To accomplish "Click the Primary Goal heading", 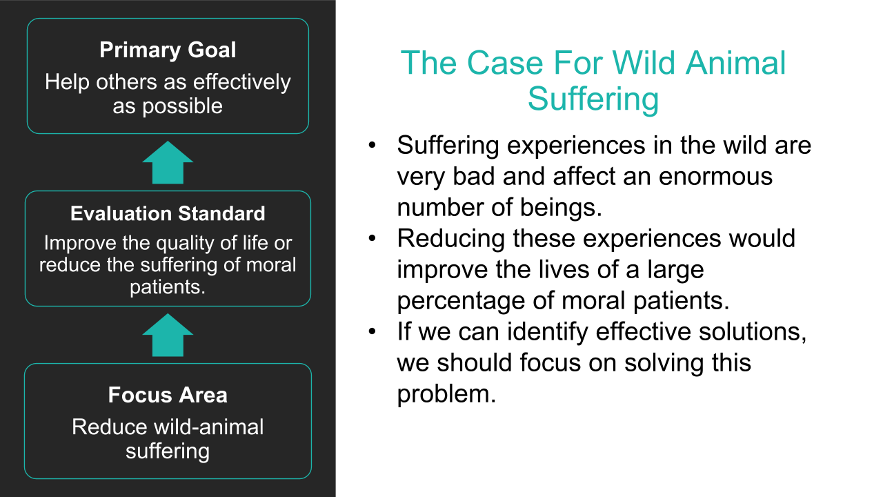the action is coord(168,50).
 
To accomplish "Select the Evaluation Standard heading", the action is coord(168,214).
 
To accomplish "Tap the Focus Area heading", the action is coord(168,395).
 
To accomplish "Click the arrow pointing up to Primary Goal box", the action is coord(168,162).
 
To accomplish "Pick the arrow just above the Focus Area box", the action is coord(168,335).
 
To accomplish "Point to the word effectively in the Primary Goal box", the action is coord(241,82).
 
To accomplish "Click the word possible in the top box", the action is coord(183,106).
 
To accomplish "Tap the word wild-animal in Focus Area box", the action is coord(208,427).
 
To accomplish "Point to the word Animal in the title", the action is coord(735,63).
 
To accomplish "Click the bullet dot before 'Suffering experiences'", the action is coord(372,145).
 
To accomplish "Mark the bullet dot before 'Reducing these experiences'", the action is coord(372,238).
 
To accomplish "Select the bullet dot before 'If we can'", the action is coord(372,331).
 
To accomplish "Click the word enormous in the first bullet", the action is coord(715,176).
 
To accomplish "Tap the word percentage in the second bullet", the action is coord(461,302).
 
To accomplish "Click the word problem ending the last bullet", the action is coord(446,394).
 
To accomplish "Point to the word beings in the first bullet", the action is coord(561,208).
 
